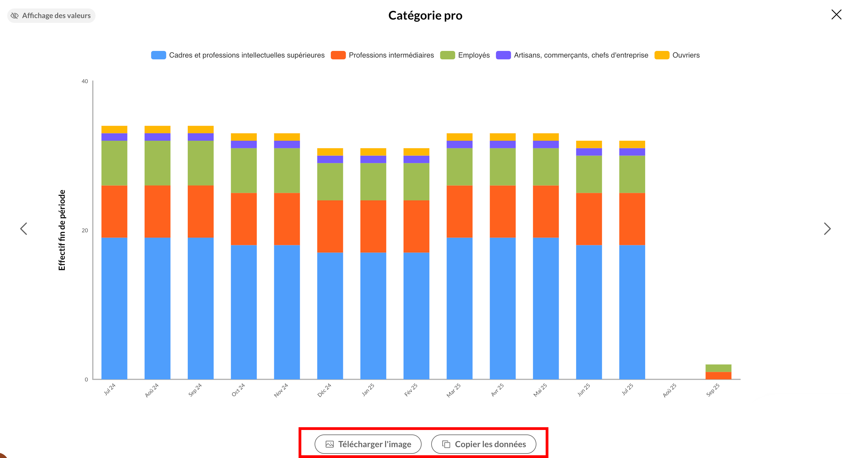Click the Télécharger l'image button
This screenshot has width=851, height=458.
[368, 444]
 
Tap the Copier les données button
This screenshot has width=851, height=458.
[484, 444]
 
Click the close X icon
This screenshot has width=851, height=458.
[836, 14]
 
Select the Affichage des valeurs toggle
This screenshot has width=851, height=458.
[51, 16]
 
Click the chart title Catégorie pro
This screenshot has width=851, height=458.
[425, 16]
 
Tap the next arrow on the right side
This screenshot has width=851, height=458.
[827, 228]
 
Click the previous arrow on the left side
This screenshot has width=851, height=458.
[24, 228]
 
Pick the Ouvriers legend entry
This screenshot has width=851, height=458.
[677, 55]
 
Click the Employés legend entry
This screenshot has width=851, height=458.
[465, 55]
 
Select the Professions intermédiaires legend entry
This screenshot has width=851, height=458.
[382, 55]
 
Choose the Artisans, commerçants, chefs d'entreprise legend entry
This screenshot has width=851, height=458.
[572, 55]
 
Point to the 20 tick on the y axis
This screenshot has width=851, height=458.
[85, 231]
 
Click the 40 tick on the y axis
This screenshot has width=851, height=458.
[85, 81]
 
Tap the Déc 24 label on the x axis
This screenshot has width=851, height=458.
[324, 390]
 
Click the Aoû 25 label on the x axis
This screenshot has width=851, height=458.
[670, 390]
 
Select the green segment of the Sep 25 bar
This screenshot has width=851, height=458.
[718, 368]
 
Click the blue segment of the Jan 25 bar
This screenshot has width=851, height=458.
[373, 315]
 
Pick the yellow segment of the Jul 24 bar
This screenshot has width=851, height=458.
[114, 130]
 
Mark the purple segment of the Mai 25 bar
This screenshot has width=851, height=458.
[546, 144]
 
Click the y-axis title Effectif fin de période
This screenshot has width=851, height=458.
[62, 230]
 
